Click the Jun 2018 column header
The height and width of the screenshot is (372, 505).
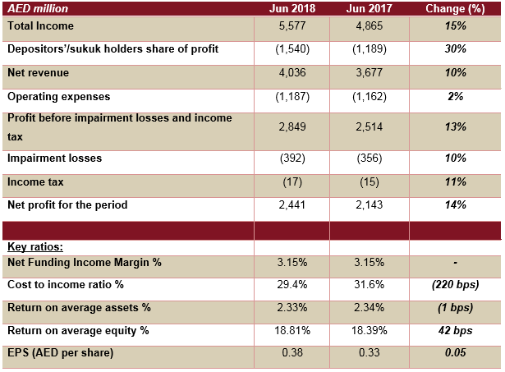point(292,8)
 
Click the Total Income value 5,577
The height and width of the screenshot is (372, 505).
point(292,27)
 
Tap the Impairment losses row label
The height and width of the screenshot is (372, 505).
point(52,157)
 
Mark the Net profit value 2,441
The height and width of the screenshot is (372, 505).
point(292,205)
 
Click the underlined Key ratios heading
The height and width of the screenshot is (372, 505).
point(35,246)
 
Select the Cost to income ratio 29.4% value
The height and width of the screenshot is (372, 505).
point(292,285)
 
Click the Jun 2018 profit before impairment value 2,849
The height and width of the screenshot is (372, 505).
point(292,127)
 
